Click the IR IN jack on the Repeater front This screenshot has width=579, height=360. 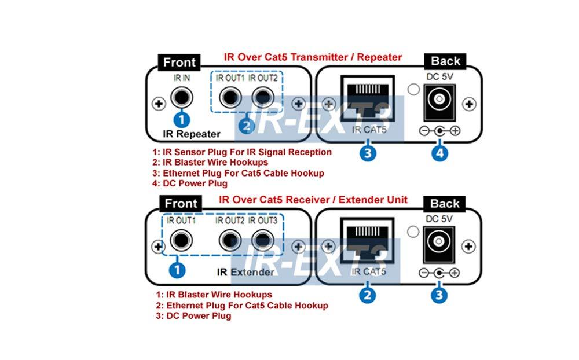click(182, 95)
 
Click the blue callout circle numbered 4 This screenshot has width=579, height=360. click(439, 153)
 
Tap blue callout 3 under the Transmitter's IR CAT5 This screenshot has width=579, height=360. click(368, 153)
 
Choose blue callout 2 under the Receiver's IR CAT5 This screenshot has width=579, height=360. click(367, 295)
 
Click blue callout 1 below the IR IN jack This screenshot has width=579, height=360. click(182, 120)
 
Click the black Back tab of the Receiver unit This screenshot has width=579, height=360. click(445, 204)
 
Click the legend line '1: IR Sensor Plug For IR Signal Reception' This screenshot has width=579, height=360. click(241, 152)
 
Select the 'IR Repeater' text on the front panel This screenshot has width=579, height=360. click(192, 134)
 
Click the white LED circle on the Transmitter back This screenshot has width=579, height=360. click(412, 90)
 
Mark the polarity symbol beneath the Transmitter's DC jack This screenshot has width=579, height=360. click(439, 131)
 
